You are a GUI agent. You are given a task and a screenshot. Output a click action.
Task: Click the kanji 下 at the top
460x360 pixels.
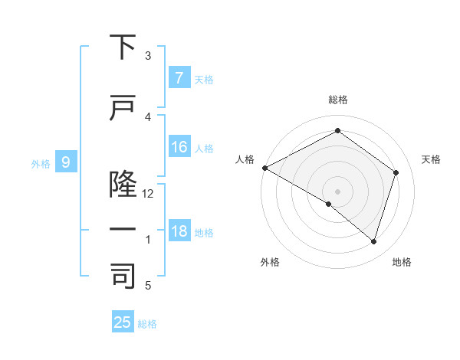(x=123, y=47)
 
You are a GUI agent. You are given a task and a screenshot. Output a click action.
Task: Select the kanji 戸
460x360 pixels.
(x=123, y=108)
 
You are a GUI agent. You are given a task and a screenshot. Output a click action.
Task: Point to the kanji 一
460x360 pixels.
(x=123, y=229)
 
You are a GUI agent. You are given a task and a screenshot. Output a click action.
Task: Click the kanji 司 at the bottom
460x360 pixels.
(x=123, y=276)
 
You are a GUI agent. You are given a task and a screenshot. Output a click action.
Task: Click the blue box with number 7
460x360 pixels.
(x=179, y=77)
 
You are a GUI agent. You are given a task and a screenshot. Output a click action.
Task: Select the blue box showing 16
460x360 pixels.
(x=179, y=147)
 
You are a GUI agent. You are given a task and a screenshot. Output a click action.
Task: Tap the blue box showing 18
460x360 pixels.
(x=179, y=231)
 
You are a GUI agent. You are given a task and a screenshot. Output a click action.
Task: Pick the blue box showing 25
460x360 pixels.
(x=123, y=322)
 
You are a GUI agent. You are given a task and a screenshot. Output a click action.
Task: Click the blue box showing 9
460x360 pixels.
(x=67, y=162)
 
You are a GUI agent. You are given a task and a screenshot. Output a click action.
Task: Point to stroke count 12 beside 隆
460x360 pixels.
(x=149, y=194)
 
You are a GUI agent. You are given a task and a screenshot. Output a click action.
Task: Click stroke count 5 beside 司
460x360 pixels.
(x=149, y=286)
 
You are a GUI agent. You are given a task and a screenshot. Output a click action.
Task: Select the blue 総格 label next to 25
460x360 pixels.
(x=147, y=324)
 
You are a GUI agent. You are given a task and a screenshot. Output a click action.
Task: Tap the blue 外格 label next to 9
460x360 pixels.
(x=41, y=163)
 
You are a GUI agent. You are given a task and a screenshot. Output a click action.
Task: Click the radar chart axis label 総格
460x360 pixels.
(x=337, y=100)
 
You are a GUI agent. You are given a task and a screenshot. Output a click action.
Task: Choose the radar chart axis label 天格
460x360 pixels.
(x=432, y=159)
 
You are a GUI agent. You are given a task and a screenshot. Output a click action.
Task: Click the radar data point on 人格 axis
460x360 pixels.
(x=264, y=168)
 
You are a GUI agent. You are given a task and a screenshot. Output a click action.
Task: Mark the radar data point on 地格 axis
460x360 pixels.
(x=373, y=241)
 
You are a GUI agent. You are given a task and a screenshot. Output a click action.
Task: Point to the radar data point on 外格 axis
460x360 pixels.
(x=329, y=204)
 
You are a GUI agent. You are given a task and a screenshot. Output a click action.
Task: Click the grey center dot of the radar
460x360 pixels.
(x=337, y=191)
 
